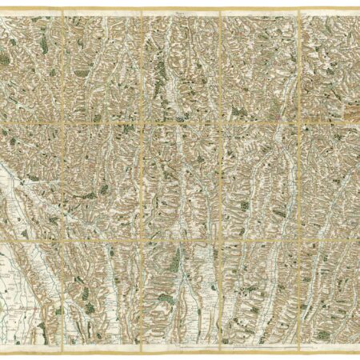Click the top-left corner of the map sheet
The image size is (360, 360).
click(x=2, y=10)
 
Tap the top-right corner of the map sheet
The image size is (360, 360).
click(x=358, y=10)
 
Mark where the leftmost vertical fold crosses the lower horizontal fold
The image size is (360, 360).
click(x=62, y=238)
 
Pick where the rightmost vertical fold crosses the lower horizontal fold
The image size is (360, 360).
click(x=298, y=238)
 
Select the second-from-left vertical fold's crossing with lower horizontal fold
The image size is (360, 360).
click(x=141, y=238)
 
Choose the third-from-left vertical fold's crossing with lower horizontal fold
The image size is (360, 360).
click(x=220, y=238)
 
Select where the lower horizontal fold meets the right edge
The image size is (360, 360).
click(x=358, y=238)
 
